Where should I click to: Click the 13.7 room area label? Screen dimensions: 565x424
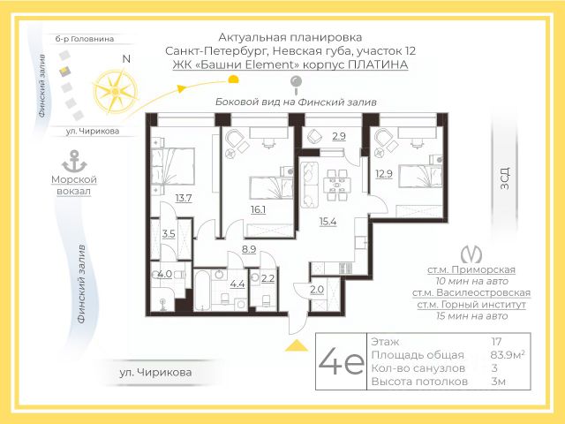point(184,198)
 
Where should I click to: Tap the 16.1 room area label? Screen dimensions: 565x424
point(259,209)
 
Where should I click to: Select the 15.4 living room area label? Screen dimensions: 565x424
point(328,222)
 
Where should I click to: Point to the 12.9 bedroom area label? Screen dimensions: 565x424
point(384,174)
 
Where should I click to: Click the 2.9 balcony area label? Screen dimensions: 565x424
point(339,136)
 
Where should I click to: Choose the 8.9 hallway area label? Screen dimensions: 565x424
point(249,249)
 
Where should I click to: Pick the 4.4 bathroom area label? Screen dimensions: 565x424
point(237,284)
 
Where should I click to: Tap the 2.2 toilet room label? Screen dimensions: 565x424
point(267,279)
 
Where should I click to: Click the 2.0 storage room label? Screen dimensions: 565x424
point(317,290)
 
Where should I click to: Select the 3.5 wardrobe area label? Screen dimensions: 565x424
point(169,234)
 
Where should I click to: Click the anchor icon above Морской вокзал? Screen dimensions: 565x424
point(74,162)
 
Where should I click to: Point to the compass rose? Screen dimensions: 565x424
point(116,92)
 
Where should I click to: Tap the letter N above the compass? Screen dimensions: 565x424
point(126,59)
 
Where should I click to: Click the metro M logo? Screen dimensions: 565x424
point(471,254)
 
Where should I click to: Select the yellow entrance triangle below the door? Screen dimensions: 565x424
point(297,345)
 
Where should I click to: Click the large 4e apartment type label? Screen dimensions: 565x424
point(341,361)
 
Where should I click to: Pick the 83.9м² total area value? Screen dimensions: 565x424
point(508,355)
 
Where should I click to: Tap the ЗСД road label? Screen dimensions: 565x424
point(505,178)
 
